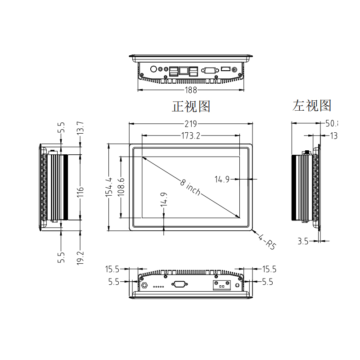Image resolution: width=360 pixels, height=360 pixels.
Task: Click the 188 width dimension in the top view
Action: coord(191,90)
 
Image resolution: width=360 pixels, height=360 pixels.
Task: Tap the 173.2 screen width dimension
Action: coord(191,135)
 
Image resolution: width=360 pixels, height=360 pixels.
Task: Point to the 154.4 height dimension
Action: coord(108,187)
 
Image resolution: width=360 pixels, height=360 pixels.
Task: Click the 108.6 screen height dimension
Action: coord(121,187)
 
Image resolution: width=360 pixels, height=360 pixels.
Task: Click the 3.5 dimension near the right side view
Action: coord(303,241)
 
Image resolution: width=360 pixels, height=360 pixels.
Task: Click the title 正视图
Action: coord(191,106)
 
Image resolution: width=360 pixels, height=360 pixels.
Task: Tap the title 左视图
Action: coord(312,105)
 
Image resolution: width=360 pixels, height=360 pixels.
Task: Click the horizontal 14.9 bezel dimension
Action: coord(222,180)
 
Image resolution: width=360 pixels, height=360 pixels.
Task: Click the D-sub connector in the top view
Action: coord(209,70)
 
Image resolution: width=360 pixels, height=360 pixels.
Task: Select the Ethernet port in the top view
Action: coord(184,71)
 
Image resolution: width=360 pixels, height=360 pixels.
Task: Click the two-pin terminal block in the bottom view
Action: coord(221,285)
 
